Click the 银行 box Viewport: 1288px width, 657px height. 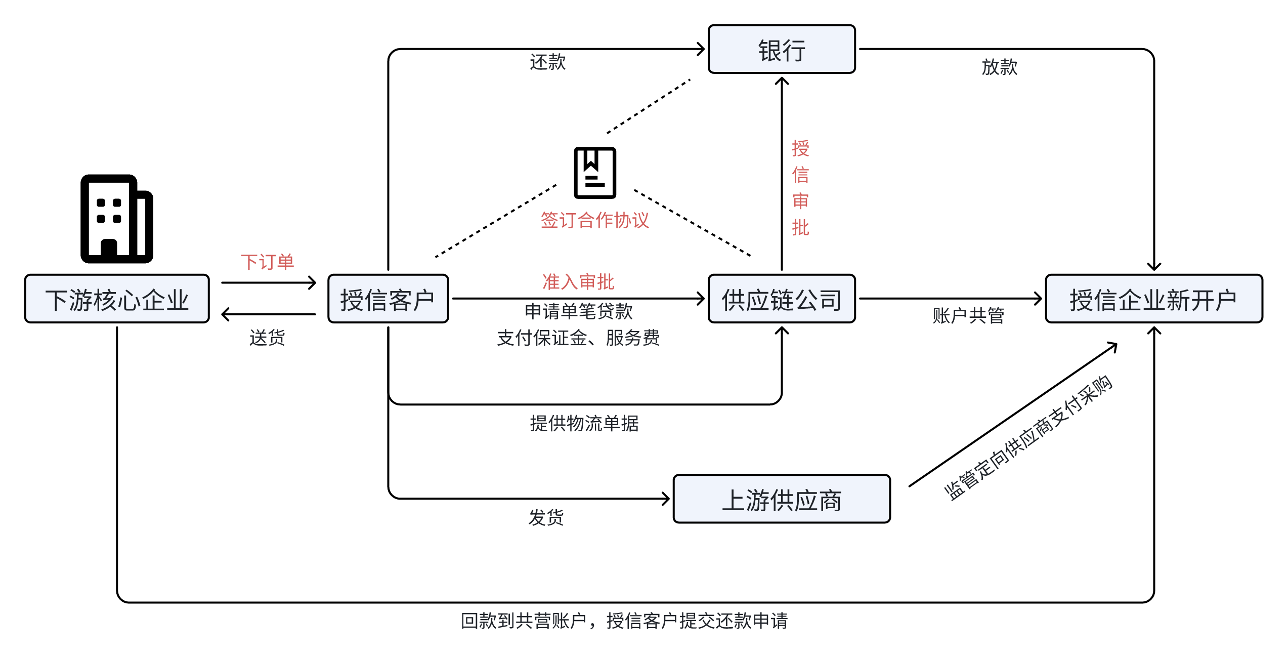(x=781, y=50)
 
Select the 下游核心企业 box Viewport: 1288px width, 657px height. (x=117, y=299)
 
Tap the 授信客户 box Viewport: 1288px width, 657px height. (x=388, y=299)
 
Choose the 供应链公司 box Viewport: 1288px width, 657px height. (x=781, y=299)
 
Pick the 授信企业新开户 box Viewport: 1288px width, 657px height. (x=1153, y=299)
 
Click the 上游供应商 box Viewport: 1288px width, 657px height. (x=781, y=499)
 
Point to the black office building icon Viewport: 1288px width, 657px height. (x=117, y=219)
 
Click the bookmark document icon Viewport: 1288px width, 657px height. (x=595, y=173)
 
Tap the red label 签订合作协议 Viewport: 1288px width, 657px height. (x=595, y=220)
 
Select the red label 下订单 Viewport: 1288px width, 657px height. (x=267, y=262)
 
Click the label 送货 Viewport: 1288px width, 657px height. (x=267, y=338)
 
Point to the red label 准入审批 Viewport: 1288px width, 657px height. (x=578, y=282)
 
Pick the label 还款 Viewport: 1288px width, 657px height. (x=547, y=62)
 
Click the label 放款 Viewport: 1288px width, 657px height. (x=999, y=67)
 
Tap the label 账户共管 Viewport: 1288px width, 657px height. (x=968, y=316)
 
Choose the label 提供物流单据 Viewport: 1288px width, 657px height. (x=584, y=423)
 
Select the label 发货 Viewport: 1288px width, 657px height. (x=546, y=517)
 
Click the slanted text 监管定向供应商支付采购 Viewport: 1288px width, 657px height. (x=1028, y=438)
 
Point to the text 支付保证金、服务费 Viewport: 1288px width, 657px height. (x=578, y=338)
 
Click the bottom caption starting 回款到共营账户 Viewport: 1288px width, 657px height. (x=624, y=621)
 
